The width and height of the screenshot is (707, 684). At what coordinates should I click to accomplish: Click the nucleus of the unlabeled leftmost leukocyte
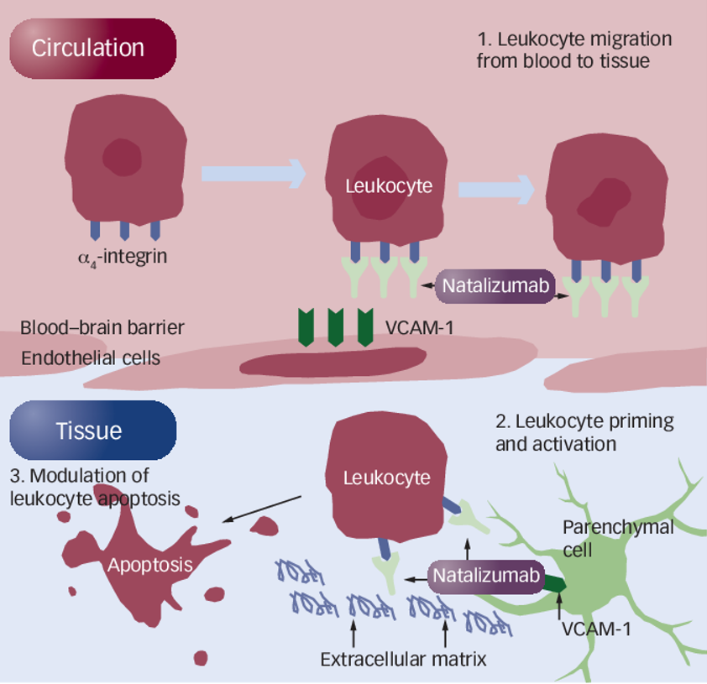pyautogui.click(x=122, y=156)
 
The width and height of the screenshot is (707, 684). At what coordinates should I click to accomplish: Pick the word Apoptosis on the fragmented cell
pyautogui.click(x=149, y=565)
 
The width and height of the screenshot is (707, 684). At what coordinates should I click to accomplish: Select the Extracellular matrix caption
pyautogui.click(x=403, y=660)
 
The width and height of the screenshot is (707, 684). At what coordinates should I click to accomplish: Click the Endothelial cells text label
pyautogui.click(x=91, y=358)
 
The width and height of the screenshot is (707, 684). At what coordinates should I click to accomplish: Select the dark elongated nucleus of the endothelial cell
pyautogui.click(x=333, y=360)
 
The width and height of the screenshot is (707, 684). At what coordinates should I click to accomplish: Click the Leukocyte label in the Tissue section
pyautogui.click(x=386, y=478)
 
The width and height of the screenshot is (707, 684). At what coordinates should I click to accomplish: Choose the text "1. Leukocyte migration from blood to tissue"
pyautogui.click(x=574, y=50)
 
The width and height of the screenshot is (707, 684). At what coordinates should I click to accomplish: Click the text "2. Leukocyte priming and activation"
pyautogui.click(x=584, y=432)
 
